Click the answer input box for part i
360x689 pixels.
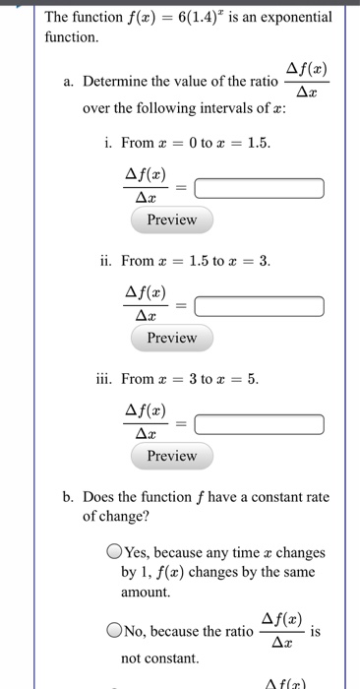260,188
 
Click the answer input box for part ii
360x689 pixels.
260,306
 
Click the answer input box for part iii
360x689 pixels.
260,424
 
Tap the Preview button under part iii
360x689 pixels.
171,456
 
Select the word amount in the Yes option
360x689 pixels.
146,593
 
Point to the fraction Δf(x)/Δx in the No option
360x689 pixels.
281,629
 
